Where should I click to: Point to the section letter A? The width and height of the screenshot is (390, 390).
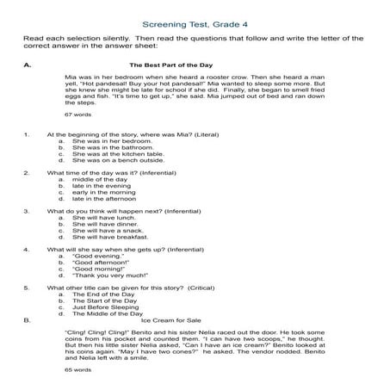tap(28, 65)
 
